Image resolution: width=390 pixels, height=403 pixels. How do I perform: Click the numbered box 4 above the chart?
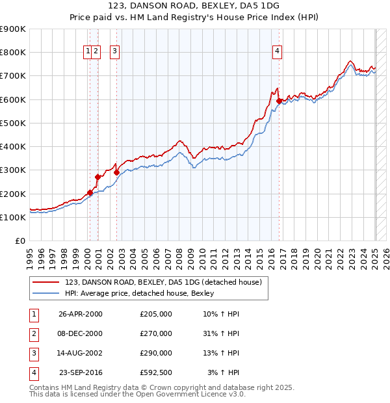(x=278, y=52)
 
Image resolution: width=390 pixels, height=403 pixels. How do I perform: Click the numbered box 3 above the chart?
(x=115, y=52)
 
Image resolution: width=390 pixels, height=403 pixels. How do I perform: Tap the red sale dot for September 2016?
(x=279, y=101)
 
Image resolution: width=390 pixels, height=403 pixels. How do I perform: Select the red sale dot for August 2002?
(x=117, y=172)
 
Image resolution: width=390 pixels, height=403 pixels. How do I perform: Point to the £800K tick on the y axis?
(x=13, y=53)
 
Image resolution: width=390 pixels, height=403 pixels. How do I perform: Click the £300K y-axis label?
(x=13, y=170)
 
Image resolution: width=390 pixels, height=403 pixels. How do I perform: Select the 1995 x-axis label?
(x=30, y=253)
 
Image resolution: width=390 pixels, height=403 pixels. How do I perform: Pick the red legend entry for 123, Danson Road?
(x=163, y=282)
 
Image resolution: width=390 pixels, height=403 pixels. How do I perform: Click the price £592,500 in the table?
(x=155, y=372)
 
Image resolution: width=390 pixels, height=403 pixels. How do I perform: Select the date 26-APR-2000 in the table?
(x=81, y=313)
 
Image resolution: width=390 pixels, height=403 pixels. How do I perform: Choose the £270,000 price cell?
(x=155, y=333)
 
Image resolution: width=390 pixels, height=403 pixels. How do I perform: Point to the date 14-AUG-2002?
(x=81, y=353)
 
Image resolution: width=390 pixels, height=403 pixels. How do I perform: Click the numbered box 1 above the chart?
(x=87, y=52)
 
